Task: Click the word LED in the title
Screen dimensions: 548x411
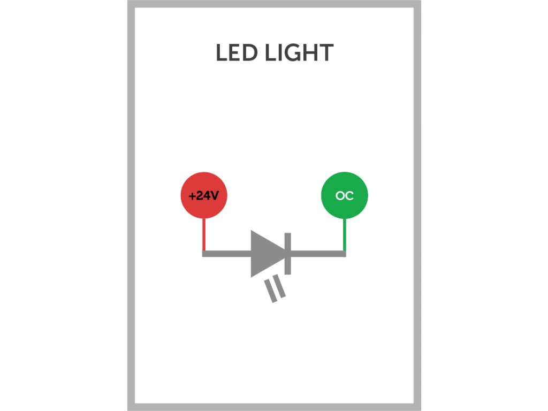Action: coord(237,53)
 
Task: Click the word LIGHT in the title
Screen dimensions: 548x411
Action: coord(299,53)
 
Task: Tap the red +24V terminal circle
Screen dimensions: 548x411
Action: coord(204,195)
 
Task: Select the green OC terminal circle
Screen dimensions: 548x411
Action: coord(344,195)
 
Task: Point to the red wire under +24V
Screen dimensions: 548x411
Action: coord(204,234)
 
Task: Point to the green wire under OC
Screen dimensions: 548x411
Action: coord(345,234)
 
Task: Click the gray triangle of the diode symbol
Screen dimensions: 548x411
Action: coord(267,254)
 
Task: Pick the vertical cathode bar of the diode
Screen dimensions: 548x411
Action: coord(287,254)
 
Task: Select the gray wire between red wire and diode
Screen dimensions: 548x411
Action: coord(226,254)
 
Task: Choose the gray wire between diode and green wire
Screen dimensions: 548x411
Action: coord(318,254)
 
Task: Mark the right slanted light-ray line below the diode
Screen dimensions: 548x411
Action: coord(279,286)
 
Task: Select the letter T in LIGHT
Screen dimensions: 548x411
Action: coord(326,53)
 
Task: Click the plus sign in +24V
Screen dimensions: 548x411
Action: coord(192,196)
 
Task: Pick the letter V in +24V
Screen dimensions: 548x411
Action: coord(214,195)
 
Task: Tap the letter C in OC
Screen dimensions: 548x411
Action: coord(349,195)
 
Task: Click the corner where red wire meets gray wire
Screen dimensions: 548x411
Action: coord(204,254)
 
